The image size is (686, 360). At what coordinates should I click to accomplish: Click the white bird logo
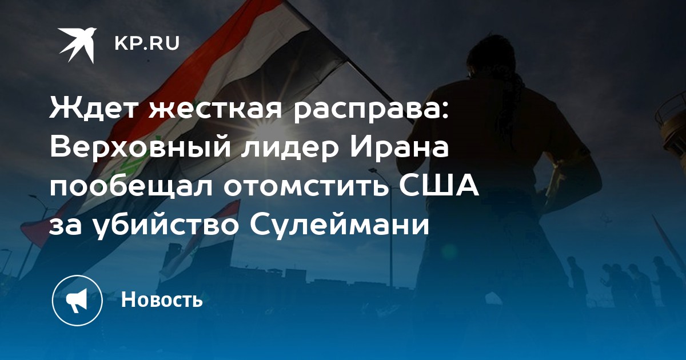coord(77,44)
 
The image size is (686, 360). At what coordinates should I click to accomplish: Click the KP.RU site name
coord(147,44)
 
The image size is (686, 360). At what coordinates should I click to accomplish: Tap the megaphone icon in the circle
coord(77,301)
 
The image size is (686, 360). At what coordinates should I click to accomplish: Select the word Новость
coord(162,299)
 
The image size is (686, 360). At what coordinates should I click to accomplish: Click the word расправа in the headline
coord(372,111)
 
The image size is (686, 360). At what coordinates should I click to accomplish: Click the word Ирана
coord(400,148)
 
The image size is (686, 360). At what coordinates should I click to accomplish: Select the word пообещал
coord(131,187)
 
